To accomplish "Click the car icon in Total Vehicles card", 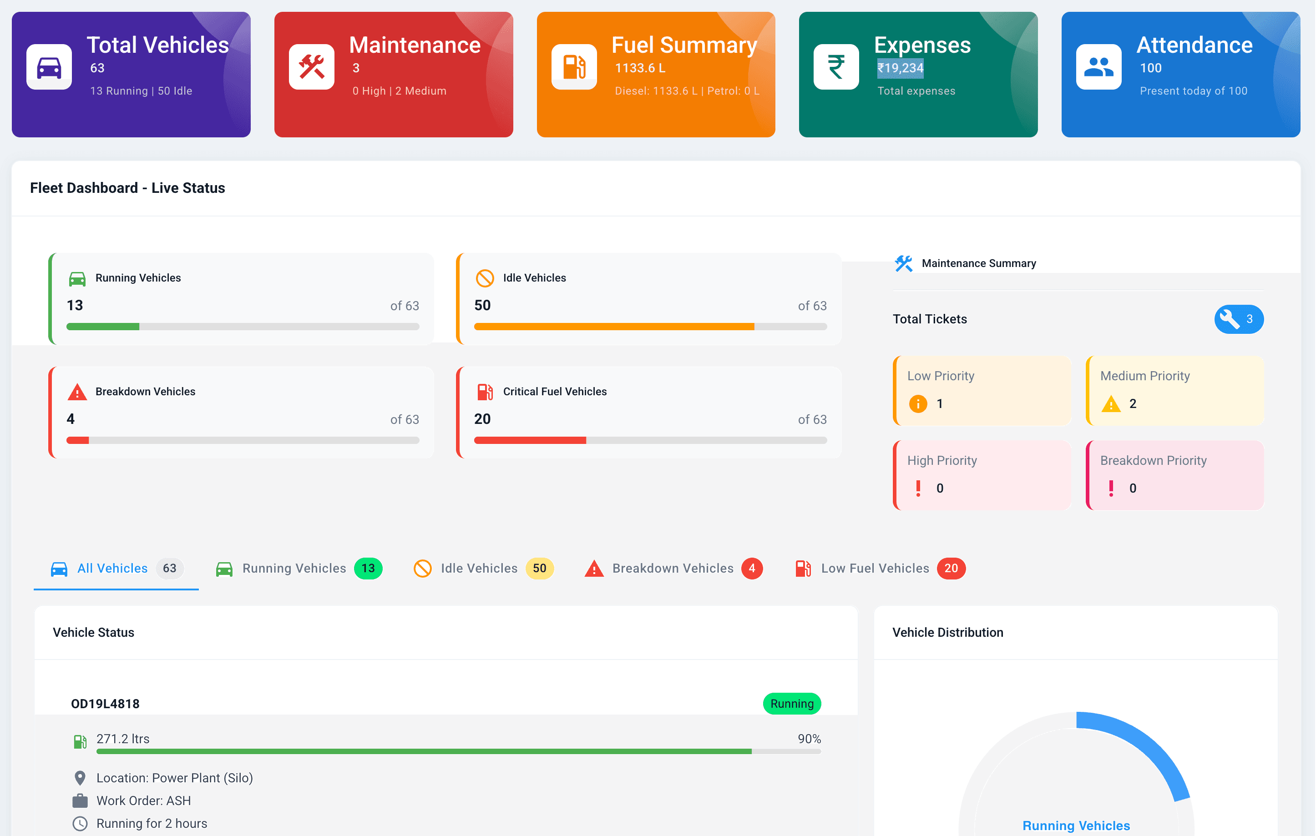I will pos(49,67).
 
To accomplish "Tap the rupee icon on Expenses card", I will pos(835,67).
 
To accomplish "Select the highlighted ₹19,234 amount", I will pos(900,68).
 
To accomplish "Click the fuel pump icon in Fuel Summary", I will pos(574,67).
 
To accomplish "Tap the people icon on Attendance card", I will pos(1098,67).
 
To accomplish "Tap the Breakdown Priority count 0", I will pos(1133,488).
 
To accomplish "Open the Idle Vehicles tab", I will pos(479,568).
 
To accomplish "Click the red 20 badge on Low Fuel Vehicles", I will pos(951,568).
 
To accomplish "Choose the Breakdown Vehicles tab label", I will pos(673,568).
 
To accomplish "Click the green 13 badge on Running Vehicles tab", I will pos(368,568).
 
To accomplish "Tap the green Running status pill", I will pos(792,704).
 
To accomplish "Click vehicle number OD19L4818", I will pos(106,704).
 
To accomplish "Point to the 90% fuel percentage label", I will pos(809,739).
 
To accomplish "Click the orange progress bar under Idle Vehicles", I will pos(614,327).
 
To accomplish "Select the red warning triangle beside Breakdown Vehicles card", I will pos(77,392).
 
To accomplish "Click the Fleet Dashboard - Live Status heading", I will pos(127,188).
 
